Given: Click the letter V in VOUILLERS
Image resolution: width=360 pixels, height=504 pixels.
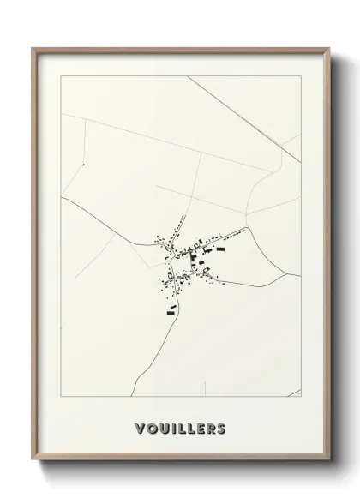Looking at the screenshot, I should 139,427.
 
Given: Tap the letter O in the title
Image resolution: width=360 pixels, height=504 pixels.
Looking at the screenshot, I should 151,427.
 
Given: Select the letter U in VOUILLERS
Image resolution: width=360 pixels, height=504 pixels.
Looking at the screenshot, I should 163,427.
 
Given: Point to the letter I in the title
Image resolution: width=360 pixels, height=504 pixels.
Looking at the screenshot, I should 173,427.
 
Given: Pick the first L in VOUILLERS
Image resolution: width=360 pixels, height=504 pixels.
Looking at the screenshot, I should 181,427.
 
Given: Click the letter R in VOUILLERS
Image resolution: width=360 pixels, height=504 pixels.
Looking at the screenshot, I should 211,427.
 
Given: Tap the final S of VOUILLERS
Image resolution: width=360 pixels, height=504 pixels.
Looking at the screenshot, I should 222,427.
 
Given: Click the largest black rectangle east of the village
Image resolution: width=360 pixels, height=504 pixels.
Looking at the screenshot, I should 220,249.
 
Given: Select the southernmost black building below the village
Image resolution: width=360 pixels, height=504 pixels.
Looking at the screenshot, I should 171,306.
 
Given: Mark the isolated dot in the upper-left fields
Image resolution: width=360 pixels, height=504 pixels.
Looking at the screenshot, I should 83,163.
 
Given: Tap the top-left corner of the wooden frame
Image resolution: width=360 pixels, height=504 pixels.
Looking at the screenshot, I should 33,48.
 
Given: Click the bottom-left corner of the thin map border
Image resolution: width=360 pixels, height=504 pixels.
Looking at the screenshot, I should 62,397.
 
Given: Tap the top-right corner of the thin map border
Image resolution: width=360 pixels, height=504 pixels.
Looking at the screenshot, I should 301,75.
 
